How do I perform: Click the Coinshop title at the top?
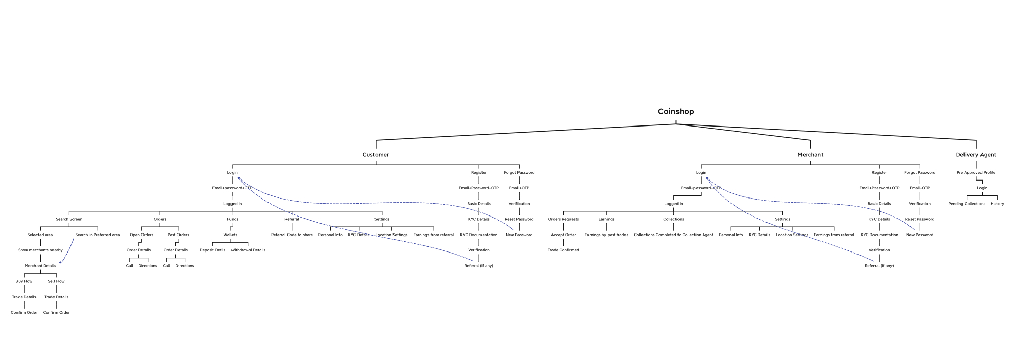pos(675,112)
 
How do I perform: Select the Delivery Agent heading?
pos(976,155)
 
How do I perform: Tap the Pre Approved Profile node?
pos(976,173)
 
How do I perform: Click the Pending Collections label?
pos(967,204)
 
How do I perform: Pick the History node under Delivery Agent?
pos(997,204)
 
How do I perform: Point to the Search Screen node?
pos(69,219)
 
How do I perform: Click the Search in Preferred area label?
pos(98,235)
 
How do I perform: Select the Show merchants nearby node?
pos(40,250)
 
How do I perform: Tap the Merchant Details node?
pos(40,266)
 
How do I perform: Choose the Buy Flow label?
pos(24,281)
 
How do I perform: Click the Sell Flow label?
pos(57,281)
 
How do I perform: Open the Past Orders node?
pos(179,235)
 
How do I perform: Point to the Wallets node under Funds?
pos(230,235)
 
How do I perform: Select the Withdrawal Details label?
pos(248,250)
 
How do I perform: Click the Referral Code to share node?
pos(292,235)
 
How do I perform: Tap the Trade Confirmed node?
pos(563,250)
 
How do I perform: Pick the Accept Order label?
pos(563,235)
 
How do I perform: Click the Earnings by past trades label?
pos(606,235)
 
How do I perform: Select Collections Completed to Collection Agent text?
pos(673,235)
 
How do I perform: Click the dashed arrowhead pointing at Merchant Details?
pos(60,263)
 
